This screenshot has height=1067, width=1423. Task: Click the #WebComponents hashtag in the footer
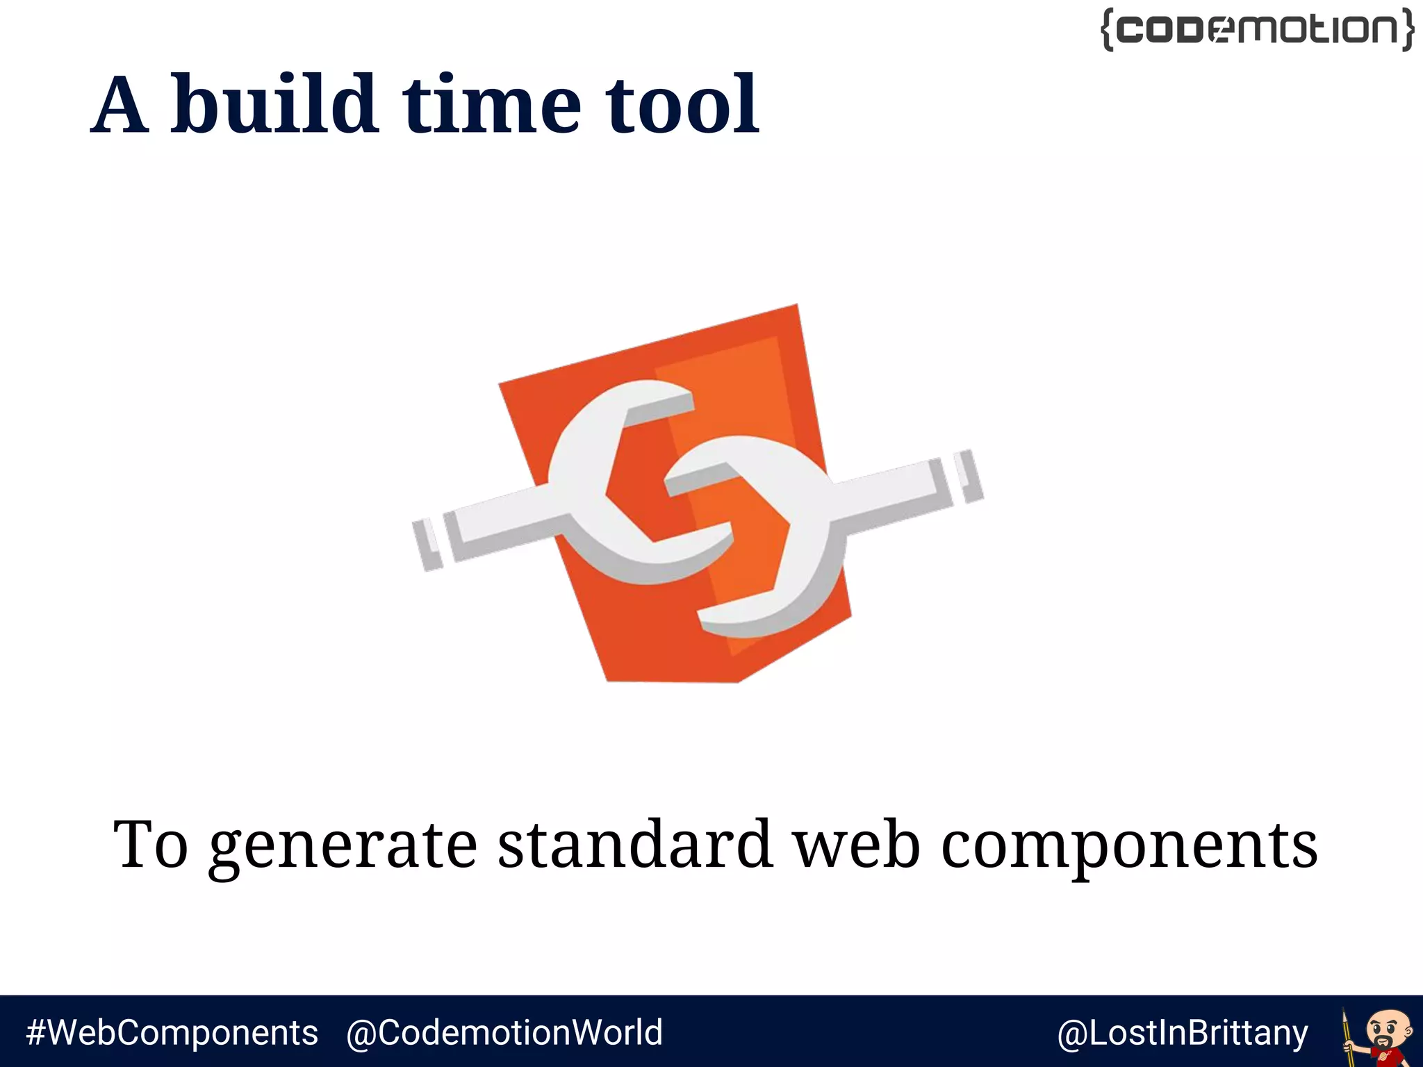(x=172, y=1033)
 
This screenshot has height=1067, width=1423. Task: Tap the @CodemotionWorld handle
(x=504, y=1033)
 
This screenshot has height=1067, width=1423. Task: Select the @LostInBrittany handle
(x=1183, y=1033)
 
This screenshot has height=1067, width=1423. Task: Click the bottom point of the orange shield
(x=673, y=681)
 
